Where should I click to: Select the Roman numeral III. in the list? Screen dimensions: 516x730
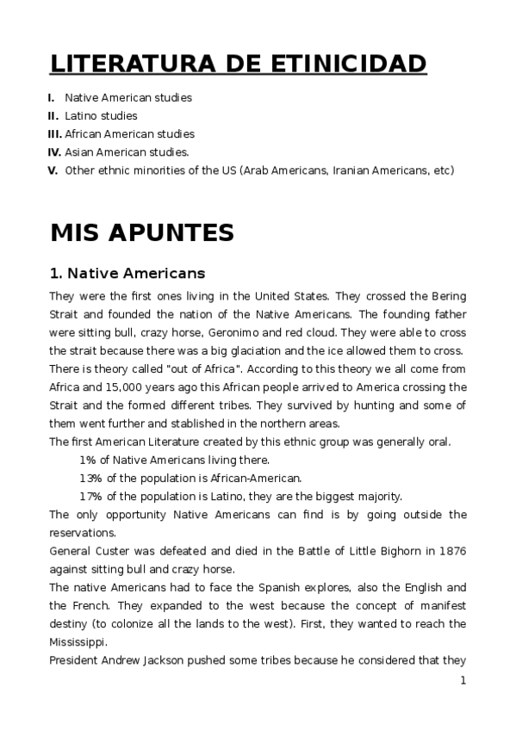54,133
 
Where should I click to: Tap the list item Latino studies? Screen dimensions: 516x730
101,115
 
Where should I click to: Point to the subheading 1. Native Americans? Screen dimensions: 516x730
127,274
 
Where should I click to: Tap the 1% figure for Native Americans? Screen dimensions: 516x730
88,460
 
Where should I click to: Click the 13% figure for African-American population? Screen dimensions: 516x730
90,478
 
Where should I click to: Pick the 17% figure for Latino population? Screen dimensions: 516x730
90,496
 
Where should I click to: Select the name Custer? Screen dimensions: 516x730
112,550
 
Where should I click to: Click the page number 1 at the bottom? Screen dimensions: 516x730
463,680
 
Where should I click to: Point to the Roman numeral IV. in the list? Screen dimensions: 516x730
54,152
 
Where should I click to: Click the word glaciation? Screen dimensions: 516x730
273,350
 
